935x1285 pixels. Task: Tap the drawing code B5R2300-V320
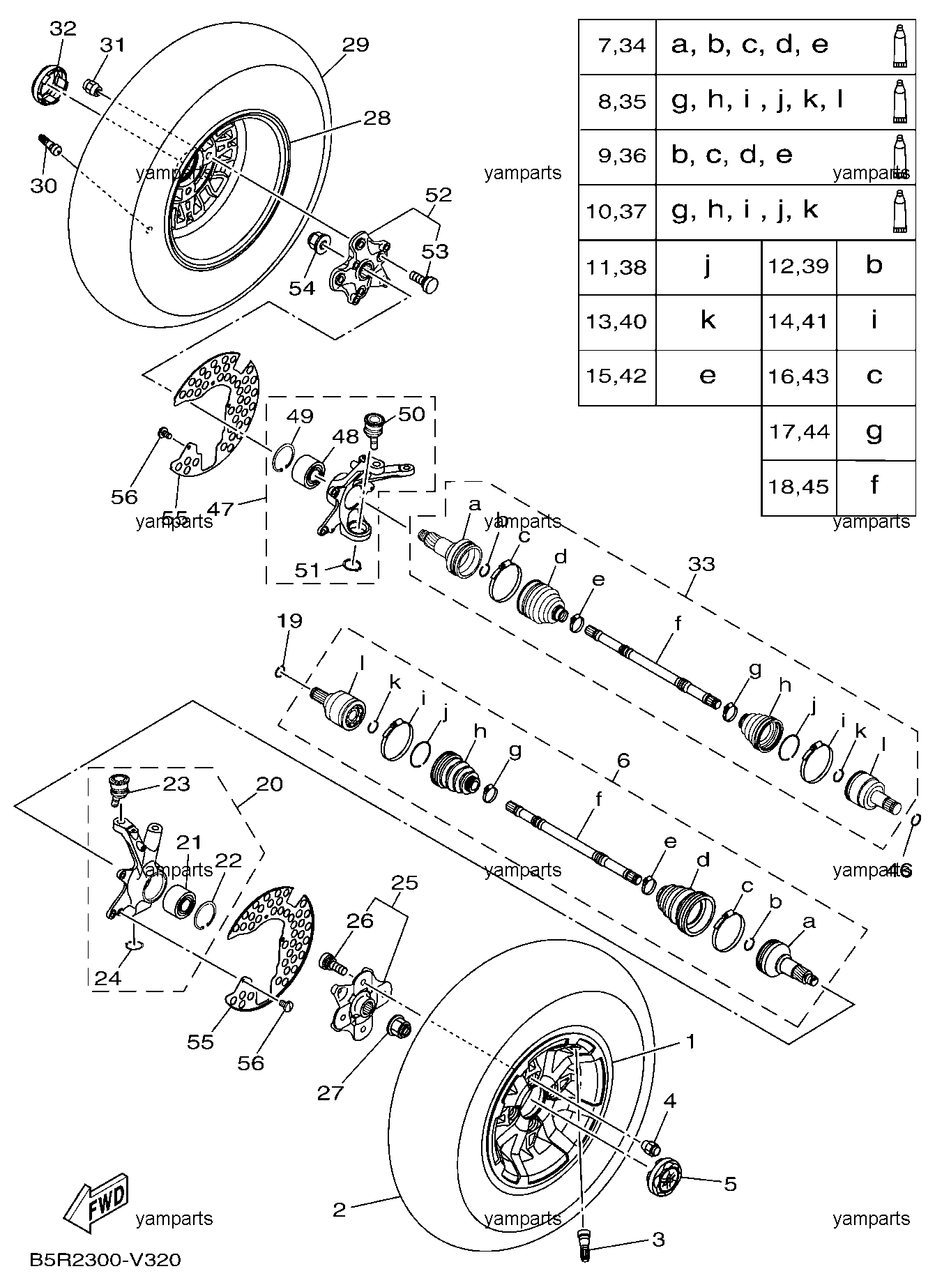105,1260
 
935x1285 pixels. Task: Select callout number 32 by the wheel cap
63,29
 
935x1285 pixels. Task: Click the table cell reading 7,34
618,47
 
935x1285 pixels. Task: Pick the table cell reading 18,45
799,487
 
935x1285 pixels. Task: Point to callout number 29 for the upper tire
356,45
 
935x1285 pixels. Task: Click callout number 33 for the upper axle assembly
701,563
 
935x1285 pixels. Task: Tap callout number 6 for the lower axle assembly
623,760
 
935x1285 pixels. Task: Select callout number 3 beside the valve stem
658,1240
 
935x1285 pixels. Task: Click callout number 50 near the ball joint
411,414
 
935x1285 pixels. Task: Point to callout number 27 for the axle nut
330,1093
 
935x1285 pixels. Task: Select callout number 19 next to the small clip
290,621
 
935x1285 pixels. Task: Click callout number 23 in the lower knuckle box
176,784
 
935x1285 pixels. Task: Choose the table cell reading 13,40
618,322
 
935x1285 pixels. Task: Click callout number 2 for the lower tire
340,1210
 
